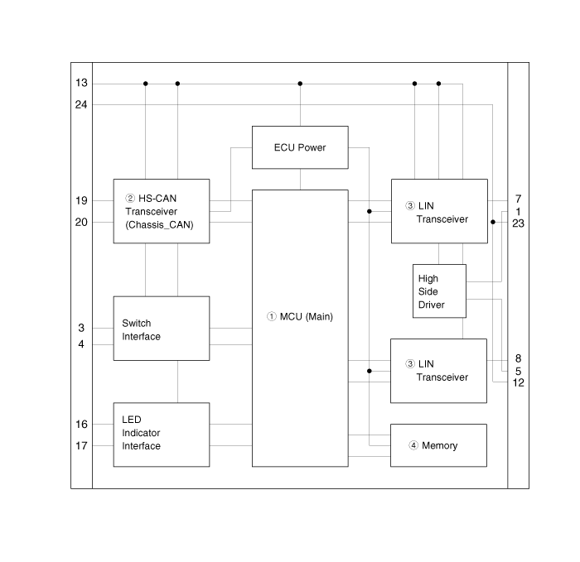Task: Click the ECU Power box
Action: click(299, 147)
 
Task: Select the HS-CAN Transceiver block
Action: click(161, 211)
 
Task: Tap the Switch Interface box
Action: click(161, 329)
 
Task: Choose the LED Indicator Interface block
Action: click(161, 435)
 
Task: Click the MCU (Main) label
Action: click(300, 316)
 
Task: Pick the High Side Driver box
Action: click(439, 291)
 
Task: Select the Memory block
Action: click(438, 445)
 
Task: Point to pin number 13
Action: click(81, 84)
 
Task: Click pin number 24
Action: click(81, 104)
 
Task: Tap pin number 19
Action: click(81, 200)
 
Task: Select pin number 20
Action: click(81, 222)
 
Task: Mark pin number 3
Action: click(81, 329)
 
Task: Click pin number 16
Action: click(81, 425)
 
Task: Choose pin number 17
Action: click(81, 445)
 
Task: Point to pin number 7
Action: click(518, 199)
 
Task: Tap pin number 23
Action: click(518, 223)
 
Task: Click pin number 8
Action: click(518, 358)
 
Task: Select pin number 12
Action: click(518, 382)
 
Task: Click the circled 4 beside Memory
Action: click(413, 445)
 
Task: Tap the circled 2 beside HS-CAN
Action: click(129, 199)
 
